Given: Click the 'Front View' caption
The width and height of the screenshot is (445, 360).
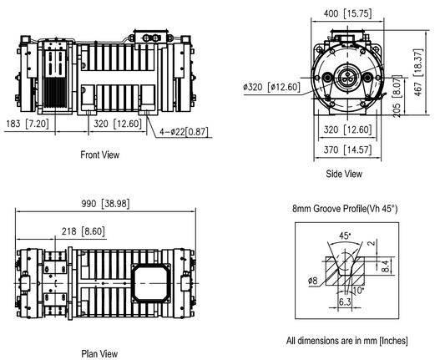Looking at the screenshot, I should (99, 155).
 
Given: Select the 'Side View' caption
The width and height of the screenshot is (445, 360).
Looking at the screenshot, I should (343, 174).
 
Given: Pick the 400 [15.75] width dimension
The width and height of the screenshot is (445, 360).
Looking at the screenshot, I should (343, 13).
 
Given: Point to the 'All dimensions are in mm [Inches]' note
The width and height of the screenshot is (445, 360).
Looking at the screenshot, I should (346, 341).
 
